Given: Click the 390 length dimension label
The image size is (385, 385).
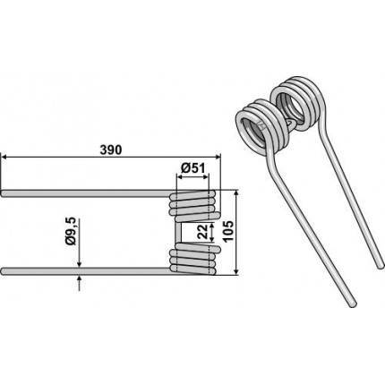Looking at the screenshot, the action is click(111, 150).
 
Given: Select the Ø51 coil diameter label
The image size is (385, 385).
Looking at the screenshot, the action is click(193, 168).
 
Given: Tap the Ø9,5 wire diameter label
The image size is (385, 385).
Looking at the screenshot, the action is click(72, 232).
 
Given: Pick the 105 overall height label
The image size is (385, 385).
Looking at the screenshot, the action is click(227, 232).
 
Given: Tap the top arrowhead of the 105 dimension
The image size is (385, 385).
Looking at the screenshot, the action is click(236, 194).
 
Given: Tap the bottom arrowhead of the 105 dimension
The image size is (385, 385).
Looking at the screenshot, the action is click(236, 271).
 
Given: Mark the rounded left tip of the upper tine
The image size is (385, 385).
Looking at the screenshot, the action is click(3, 193).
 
